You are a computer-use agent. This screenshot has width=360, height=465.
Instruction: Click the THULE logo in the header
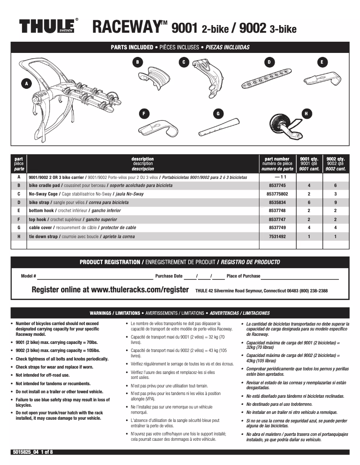47,27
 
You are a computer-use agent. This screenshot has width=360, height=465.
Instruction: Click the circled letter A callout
27,83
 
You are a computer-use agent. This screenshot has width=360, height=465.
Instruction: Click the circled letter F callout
144,114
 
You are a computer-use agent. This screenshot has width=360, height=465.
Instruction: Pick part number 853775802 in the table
277,194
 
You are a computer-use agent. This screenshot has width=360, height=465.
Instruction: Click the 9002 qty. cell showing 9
335,203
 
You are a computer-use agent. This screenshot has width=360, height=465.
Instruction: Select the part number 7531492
277,236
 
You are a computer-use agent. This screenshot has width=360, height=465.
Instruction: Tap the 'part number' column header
277,159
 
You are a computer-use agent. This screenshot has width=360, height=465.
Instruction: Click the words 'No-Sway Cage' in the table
43,194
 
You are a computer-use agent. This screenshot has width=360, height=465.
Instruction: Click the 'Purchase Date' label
169,276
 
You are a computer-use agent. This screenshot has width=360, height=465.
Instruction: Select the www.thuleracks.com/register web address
140,290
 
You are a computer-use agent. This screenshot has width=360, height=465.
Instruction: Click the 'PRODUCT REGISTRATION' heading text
110,262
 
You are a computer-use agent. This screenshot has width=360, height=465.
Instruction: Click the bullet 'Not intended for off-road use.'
43,375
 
